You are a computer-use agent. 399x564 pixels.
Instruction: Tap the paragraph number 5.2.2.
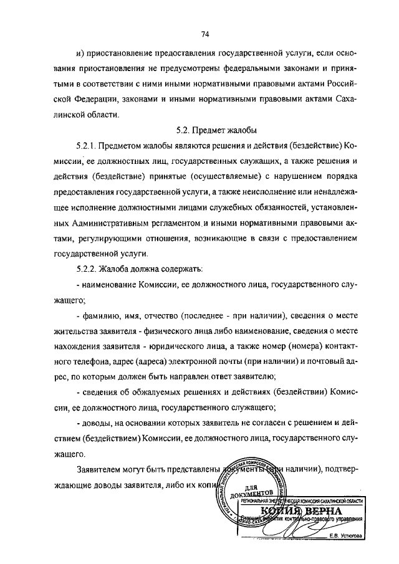[x=87, y=270]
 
